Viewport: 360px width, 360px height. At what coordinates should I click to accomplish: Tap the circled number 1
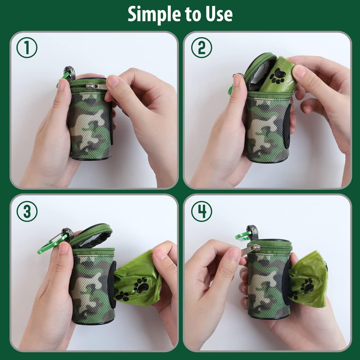pos(27,48)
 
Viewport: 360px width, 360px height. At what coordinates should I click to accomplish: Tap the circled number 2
pos(201,48)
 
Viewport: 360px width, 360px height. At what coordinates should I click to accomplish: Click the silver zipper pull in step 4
pos(250,250)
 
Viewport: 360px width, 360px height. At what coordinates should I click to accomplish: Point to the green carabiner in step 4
pos(242,236)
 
